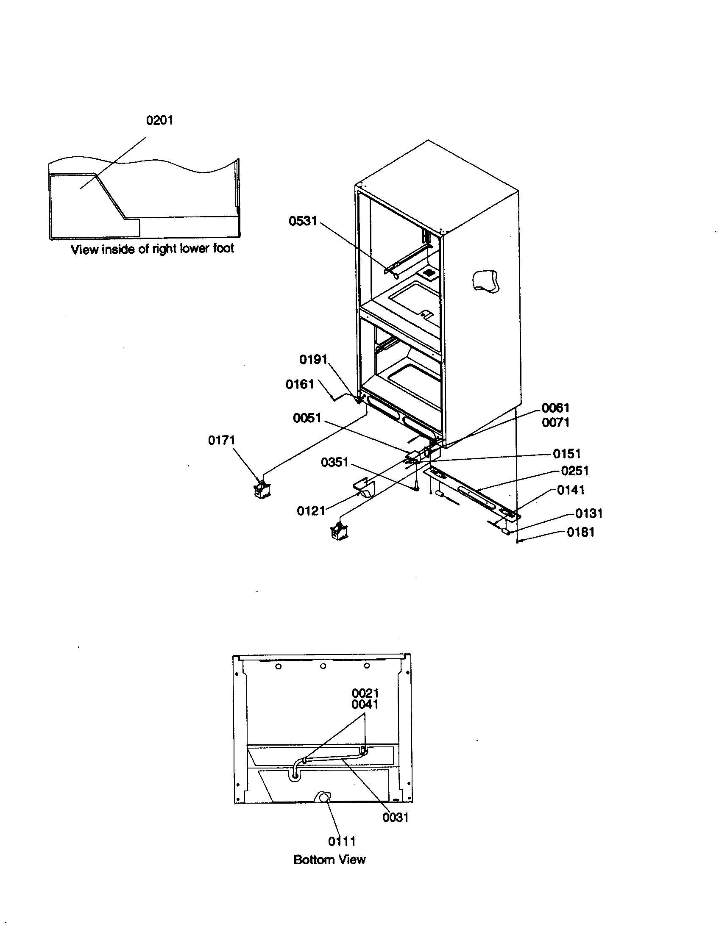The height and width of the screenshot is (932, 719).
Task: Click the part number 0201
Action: (x=159, y=120)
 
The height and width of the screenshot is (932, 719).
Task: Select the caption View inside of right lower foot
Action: (x=152, y=249)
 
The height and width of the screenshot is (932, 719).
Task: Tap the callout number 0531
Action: (x=303, y=221)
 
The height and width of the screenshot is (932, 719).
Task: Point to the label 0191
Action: (x=313, y=360)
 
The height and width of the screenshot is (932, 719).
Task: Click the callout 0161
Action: (x=299, y=385)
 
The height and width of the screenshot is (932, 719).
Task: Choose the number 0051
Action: (x=307, y=418)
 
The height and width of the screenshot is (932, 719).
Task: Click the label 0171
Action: (x=221, y=441)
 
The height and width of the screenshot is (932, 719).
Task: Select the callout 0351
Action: (x=334, y=462)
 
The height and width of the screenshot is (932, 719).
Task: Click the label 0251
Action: (x=575, y=471)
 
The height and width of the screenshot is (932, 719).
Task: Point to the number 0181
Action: (x=581, y=532)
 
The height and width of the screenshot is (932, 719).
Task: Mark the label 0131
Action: (x=588, y=513)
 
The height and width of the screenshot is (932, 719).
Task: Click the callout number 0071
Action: (x=555, y=422)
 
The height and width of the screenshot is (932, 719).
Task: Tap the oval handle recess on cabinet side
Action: (x=485, y=281)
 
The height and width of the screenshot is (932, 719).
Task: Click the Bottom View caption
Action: (x=329, y=860)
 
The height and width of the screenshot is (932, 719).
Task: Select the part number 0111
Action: (x=342, y=841)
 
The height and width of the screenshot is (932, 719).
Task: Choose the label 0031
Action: (x=396, y=818)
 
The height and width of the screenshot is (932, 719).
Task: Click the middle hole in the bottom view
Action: (x=323, y=666)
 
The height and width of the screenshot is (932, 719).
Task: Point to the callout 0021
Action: (x=365, y=693)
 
